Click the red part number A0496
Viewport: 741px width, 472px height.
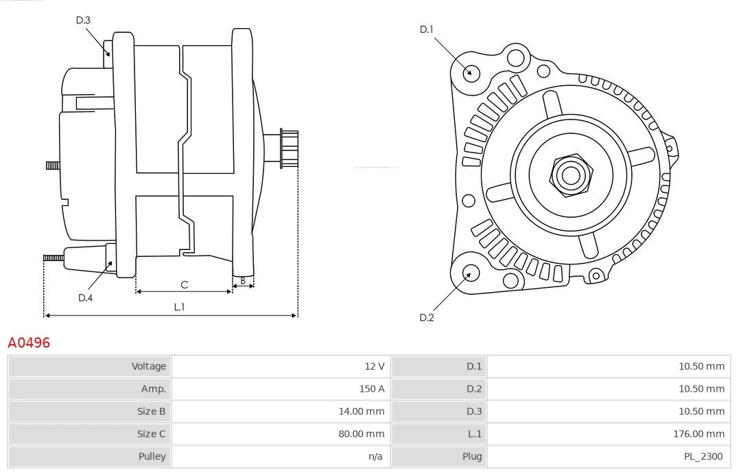(x=29, y=342)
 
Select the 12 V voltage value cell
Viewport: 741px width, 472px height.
(x=375, y=366)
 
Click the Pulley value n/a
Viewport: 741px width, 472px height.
(x=375, y=456)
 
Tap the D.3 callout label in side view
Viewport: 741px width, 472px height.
(x=83, y=21)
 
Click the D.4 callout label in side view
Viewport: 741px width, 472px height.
(x=85, y=297)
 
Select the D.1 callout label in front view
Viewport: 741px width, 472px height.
(x=427, y=30)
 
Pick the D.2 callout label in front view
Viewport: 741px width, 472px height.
(x=427, y=317)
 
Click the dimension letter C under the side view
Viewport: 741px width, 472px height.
(x=184, y=284)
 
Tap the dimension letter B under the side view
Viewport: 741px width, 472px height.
(x=243, y=280)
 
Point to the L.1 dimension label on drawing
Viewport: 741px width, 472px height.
(x=179, y=307)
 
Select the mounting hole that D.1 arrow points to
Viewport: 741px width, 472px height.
(x=471, y=72)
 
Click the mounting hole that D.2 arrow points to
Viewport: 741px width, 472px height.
(x=469, y=273)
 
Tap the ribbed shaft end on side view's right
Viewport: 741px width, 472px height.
(x=288, y=148)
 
